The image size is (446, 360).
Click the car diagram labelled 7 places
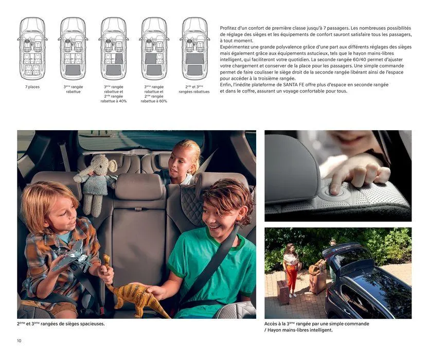(x=33, y=48)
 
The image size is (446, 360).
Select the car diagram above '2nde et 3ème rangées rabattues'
(x=194, y=48)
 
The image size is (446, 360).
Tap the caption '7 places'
(x=33, y=87)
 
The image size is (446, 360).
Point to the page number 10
(x=20, y=340)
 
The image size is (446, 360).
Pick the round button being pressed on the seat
(x=334, y=191)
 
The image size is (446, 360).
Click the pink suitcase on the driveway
(x=283, y=292)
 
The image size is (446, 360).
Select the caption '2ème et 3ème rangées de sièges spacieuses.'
(x=61, y=324)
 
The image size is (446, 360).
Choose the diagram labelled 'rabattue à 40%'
(x=114, y=48)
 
